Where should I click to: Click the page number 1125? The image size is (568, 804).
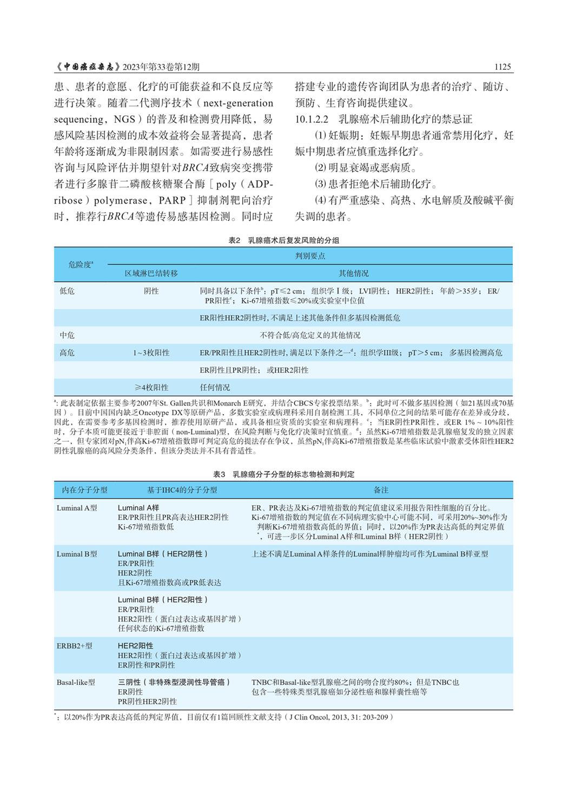502,67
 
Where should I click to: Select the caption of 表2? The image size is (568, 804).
283,240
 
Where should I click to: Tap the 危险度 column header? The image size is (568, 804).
81,264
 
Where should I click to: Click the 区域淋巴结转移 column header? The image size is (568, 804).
151,273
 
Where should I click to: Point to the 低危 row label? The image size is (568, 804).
67,291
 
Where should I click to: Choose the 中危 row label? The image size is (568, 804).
67,335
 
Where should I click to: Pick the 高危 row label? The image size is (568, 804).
67,352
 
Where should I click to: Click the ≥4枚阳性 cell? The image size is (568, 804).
151,387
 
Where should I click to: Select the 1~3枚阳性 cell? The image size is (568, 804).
151,352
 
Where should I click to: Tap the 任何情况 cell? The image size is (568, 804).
215,387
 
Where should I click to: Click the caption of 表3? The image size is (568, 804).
283,474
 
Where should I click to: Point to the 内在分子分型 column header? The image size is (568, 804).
84,490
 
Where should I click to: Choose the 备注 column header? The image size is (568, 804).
381,490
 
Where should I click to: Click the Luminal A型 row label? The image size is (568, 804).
77,508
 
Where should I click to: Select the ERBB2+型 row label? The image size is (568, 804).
74,645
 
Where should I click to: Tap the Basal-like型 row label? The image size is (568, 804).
76,682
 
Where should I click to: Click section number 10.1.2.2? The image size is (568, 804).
312,119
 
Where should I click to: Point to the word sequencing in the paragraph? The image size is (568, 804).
78,119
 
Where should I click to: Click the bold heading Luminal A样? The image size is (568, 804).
138,508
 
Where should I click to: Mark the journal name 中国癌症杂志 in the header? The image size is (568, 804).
88,67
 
